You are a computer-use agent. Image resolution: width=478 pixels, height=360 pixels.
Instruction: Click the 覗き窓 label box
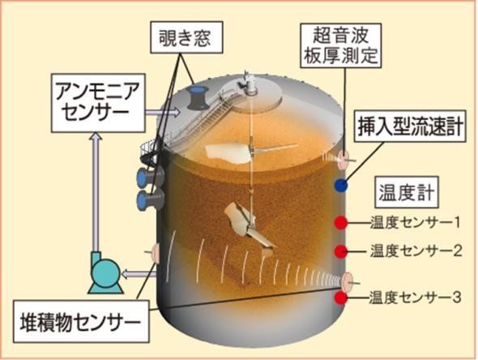tap(186, 37)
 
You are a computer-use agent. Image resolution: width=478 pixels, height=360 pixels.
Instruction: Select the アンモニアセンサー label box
tap(98, 103)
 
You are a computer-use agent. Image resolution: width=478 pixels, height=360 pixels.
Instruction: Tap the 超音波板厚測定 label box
tap(341, 45)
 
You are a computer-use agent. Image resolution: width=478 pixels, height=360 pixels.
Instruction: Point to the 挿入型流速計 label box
tap(410, 126)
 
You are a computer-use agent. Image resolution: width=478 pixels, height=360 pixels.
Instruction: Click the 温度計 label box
tap(407, 192)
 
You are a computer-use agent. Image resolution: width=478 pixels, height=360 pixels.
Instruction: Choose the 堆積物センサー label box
tap(81, 321)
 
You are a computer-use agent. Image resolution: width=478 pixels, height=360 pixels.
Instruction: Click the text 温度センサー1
tap(415, 223)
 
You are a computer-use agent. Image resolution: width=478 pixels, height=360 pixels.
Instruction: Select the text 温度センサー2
tap(416, 251)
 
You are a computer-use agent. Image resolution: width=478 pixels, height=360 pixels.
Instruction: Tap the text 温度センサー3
tap(415, 297)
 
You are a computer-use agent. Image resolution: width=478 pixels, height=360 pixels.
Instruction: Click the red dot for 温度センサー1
tap(341, 223)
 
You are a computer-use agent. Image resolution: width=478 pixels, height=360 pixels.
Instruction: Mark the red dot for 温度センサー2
tap(341, 251)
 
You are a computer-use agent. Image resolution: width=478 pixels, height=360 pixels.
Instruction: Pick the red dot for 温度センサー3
tap(341, 298)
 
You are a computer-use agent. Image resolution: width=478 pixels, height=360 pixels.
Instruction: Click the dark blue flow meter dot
tap(341, 185)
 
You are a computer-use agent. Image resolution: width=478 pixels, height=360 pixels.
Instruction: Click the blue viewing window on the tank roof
tap(197, 97)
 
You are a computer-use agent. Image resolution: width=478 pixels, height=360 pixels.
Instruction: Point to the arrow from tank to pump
tap(139, 274)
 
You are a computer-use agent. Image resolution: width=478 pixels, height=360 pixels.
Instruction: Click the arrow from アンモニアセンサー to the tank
tap(163, 112)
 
